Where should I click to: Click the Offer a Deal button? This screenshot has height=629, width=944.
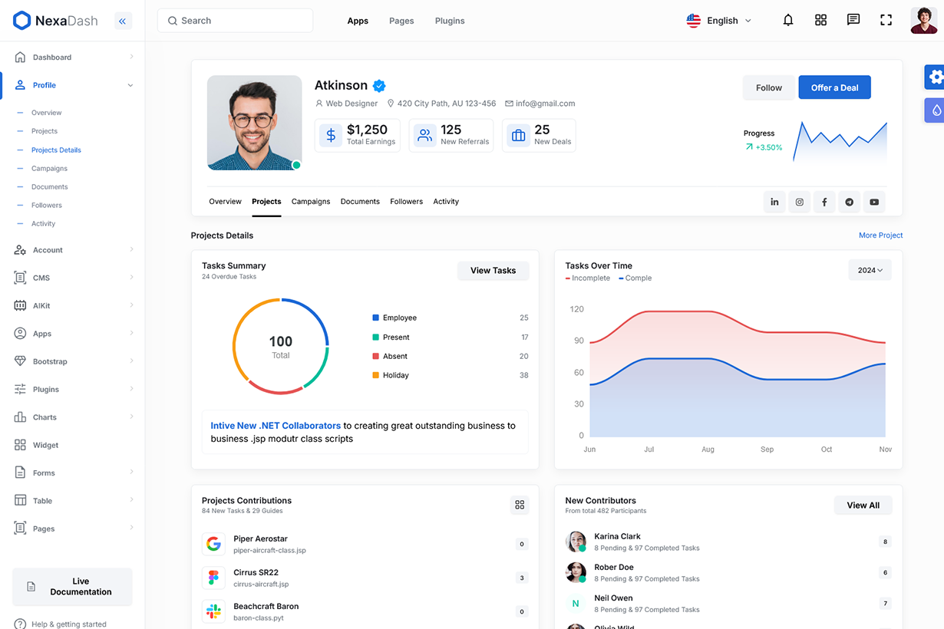834,87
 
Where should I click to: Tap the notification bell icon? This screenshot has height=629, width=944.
787,21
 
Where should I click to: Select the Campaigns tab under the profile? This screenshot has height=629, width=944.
311,202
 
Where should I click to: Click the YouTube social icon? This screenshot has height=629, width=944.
874,202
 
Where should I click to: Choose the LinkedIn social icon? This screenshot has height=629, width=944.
774,202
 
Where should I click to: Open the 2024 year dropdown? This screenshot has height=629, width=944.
870,270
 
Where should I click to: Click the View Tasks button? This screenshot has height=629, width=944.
493,270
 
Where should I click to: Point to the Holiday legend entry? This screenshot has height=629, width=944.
395,375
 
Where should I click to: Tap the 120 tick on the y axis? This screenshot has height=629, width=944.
576,309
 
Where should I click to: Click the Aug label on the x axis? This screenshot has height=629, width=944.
708,450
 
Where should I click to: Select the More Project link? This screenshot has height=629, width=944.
880,235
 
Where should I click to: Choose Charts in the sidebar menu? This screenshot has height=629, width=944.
45,417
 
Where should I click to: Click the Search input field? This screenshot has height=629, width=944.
235,21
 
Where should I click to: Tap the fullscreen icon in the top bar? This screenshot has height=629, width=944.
886,21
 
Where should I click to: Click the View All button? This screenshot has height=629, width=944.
863,505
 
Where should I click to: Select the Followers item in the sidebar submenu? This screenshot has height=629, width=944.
47,206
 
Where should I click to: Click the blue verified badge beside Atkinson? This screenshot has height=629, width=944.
379,86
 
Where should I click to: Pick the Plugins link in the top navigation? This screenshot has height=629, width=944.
450,21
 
